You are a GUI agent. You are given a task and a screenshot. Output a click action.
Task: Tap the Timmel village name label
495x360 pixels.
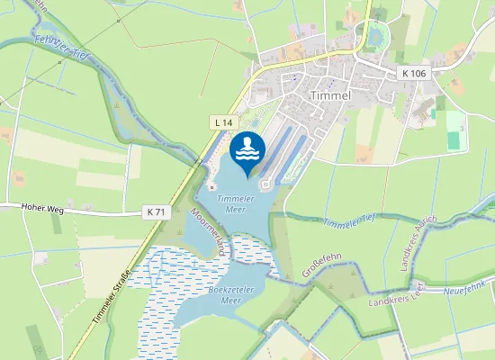click(329, 95)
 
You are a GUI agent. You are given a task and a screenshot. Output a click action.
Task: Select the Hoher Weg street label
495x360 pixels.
click(42, 207)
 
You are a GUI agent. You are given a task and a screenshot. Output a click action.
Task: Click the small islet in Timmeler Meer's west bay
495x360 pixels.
click(212, 186)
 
